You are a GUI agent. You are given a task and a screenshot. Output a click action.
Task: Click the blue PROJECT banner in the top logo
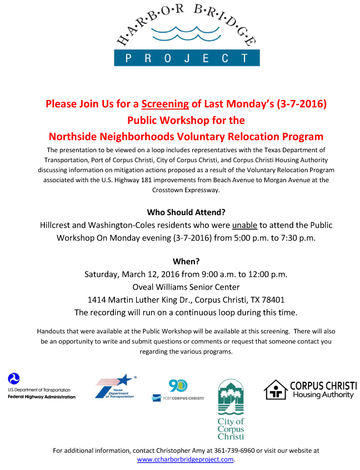[x=187, y=58]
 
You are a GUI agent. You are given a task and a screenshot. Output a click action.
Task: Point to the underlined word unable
[x=244, y=225]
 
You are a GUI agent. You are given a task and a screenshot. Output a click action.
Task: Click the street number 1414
[x=98, y=299]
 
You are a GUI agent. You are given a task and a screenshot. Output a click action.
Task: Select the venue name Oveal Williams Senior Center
[x=186, y=287]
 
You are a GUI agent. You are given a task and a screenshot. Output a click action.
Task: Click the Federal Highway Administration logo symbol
[x=14, y=379]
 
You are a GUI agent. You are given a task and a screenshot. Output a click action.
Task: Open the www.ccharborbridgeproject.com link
[x=186, y=459]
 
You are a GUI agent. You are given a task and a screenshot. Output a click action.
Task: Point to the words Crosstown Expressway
[x=186, y=189]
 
